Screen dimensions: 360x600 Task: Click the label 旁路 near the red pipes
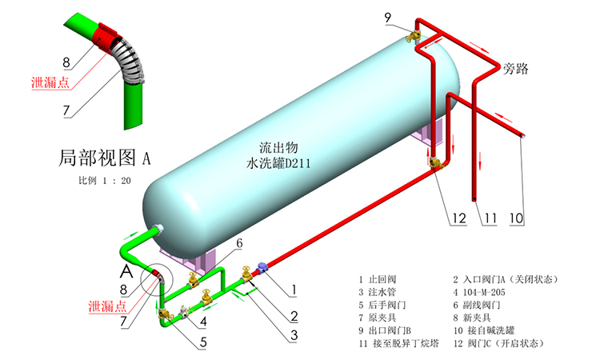517,69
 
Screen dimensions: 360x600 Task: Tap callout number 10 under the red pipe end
517,217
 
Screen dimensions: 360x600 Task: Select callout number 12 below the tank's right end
457,217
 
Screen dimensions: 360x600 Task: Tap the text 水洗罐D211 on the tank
278,163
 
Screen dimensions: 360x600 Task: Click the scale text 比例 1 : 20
105,181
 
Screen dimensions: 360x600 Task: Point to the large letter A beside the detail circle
126,273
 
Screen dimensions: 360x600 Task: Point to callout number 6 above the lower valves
238,242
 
